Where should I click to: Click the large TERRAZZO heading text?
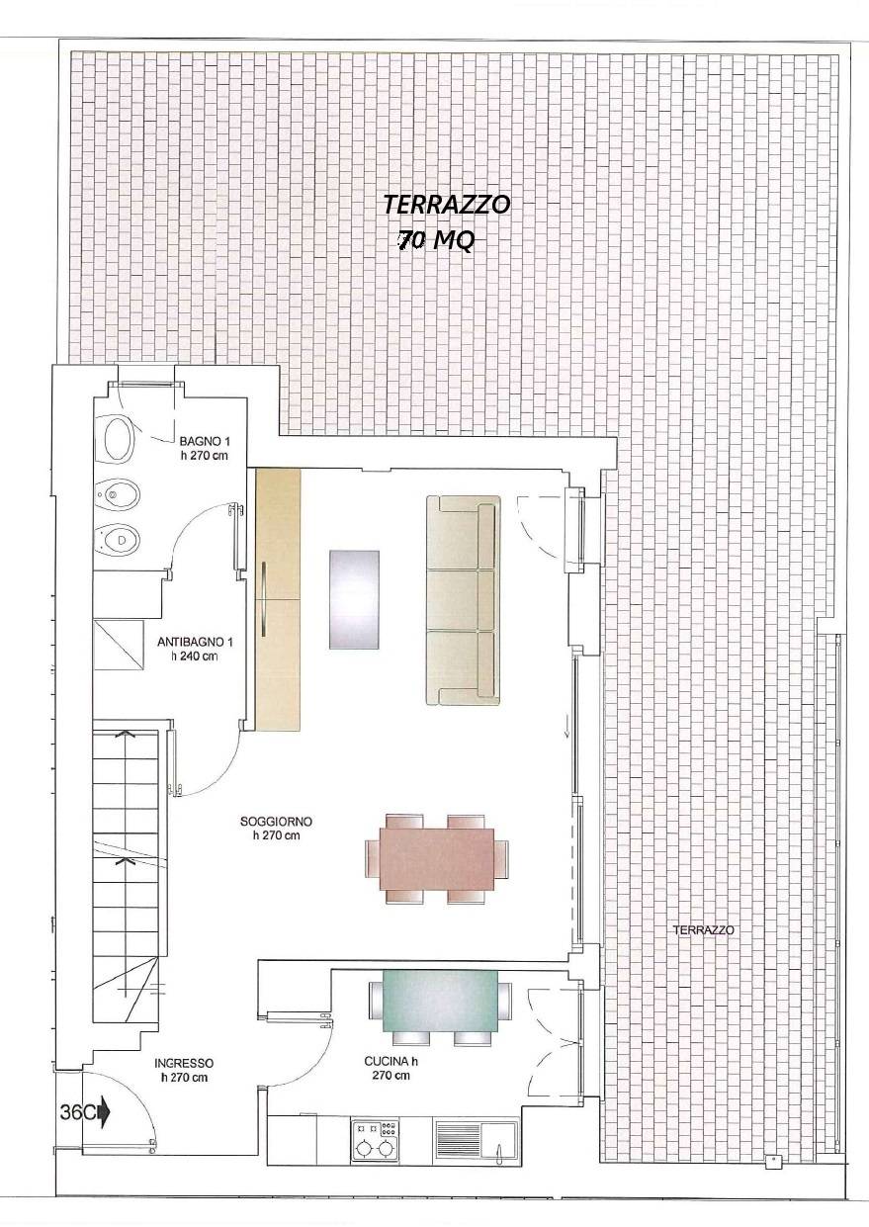[x=447, y=205]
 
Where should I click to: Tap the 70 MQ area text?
[x=435, y=240]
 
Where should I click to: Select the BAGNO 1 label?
[x=205, y=448]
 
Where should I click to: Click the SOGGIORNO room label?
[x=276, y=828]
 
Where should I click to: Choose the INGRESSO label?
[x=184, y=1070]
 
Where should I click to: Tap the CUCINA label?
[x=391, y=1069]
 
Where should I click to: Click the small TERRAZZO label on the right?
[x=703, y=930]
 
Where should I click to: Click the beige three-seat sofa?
[x=462, y=600]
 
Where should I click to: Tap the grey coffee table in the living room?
[x=354, y=599]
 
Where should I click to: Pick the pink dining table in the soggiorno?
[x=437, y=857]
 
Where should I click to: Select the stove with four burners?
[x=375, y=1139]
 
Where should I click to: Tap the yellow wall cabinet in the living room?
[x=278, y=599]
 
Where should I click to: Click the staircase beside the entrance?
[x=126, y=870]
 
